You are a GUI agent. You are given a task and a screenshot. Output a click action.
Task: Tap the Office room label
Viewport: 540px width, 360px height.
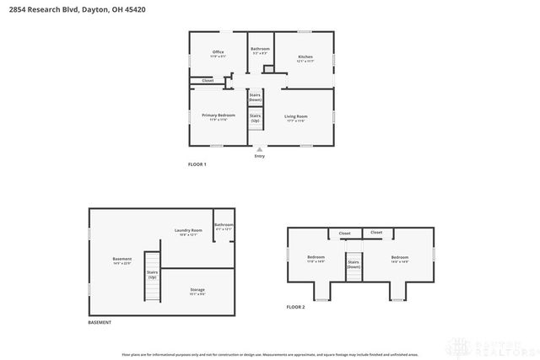click(x=218, y=53)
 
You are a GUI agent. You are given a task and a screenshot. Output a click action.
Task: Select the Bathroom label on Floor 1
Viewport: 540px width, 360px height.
click(x=260, y=50)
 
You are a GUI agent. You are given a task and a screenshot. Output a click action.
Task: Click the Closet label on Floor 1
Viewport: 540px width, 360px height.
click(x=207, y=81)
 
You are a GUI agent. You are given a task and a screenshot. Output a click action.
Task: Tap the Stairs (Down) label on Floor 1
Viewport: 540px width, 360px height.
click(x=255, y=98)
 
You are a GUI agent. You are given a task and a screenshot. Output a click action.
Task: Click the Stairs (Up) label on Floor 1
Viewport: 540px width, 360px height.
click(x=255, y=119)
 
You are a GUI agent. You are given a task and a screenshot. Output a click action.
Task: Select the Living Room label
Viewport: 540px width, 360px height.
click(x=296, y=117)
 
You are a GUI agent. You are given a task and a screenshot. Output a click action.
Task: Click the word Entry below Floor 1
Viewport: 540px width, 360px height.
click(x=259, y=156)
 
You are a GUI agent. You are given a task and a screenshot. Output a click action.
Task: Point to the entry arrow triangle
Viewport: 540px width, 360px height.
click(x=259, y=149)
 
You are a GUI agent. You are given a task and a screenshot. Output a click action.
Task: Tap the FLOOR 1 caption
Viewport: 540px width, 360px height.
click(x=197, y=164)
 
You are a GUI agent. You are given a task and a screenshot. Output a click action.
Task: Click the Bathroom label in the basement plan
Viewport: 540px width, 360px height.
click(x=224, y=226)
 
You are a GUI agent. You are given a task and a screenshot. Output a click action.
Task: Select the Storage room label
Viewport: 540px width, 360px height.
click(x=197, y=291)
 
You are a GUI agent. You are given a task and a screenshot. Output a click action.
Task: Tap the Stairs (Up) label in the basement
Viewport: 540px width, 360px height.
click(x=152, y=275)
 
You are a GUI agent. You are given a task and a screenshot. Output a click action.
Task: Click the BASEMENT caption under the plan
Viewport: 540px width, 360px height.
click(x=100, y=323)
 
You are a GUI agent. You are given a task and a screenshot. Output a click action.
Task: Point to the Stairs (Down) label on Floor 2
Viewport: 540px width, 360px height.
click(x=354, y=265)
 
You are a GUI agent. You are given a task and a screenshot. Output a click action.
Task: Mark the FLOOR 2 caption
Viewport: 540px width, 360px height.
click(x=295, y=307)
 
